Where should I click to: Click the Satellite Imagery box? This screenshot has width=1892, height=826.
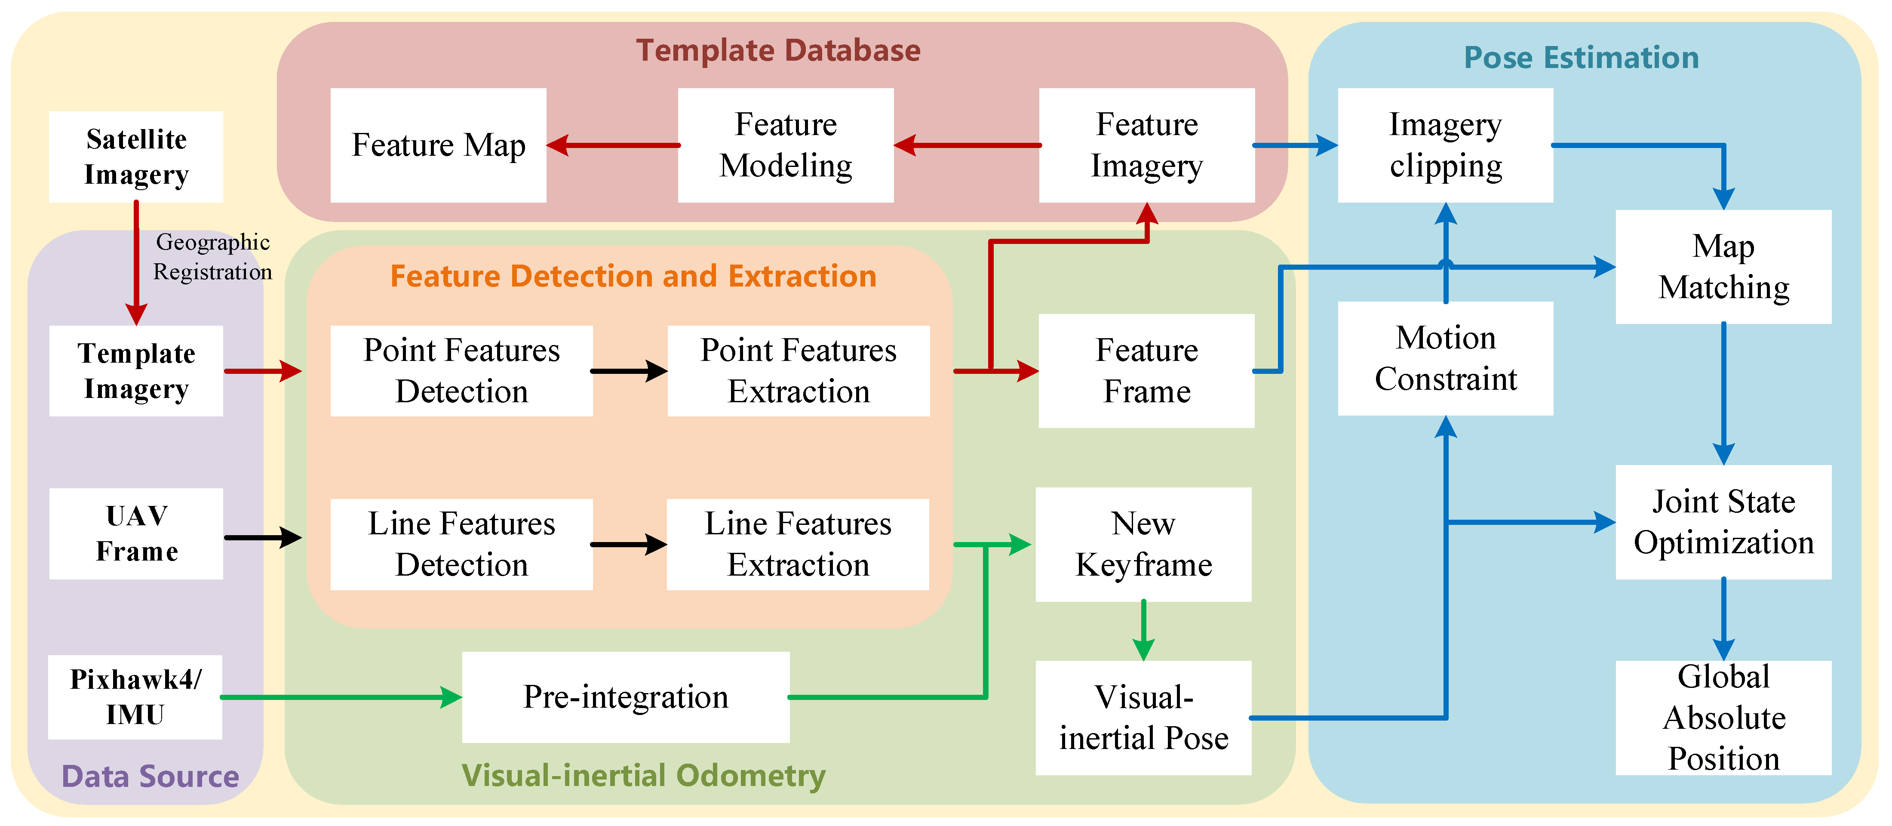click(x=136, y=157)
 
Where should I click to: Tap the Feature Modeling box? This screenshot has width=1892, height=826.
click(x=785, y=145)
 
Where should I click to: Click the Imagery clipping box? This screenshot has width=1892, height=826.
click(x=1445, y=145)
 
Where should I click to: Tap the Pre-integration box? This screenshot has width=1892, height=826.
click(x=625, y=697)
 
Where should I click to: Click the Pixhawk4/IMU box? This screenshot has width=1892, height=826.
click(x=135, y=697)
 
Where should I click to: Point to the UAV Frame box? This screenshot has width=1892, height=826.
click(x=136, y=533)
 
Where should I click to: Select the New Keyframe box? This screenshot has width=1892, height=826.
click(x=1143, y=544)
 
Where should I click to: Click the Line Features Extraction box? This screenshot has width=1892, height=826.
click(x=798, y=544)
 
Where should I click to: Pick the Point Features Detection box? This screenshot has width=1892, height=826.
click(x=461, y=370)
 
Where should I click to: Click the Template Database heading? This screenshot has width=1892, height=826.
click(x=778, y=50)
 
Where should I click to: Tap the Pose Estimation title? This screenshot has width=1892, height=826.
click(x=1581, y=57)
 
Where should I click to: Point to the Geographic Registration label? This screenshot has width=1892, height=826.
click(x=212, y=256)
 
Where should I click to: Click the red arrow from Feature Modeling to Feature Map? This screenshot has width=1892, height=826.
click(x=613, y=145)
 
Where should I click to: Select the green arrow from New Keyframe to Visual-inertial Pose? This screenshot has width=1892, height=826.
click(x=1143, y=630)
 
